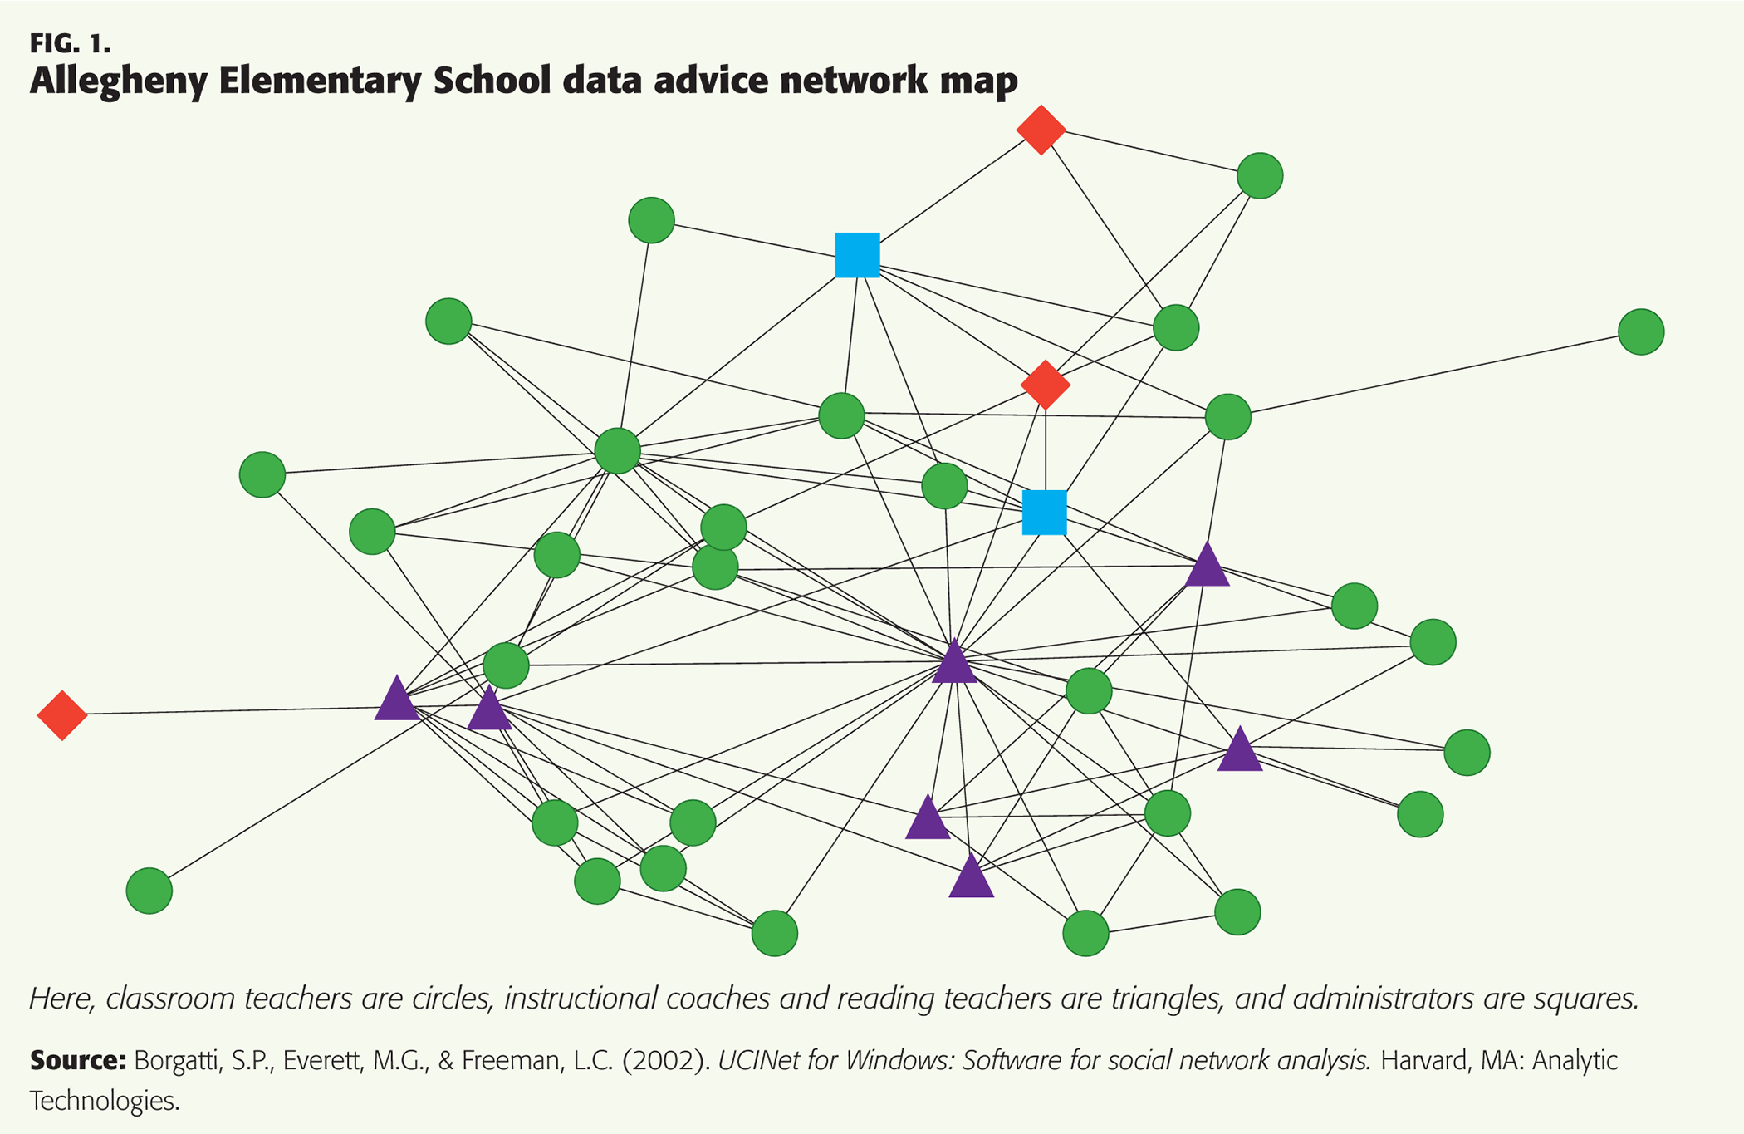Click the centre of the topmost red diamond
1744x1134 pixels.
pyautogui.click(x=1041, y=130)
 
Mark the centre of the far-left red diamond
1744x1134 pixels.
pyautogui.click(x=62, y=714)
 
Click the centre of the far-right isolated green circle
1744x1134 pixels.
pyautogui.click(x=1641, y=332)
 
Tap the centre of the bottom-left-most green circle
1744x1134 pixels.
pyautogui.click(x=149, y=891)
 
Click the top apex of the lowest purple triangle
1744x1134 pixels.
pyautogui.click(x=971, y=853)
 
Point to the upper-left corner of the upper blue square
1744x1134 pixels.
pyautogui.click(x=835, y=233)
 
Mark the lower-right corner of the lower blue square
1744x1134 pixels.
pyautogui.click(x=1067, y=534)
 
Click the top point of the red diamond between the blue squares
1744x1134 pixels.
pyautogui.click(x=1046, y=360)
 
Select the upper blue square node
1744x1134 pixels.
pyautogui.click(x=858, y=255)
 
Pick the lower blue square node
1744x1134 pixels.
pyautogui.click(x=1045, y=512)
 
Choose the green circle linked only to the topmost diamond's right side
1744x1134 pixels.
pyautogui.click(x=1260, y=176)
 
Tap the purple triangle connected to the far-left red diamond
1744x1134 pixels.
pyautogui.click(x=397, y=698)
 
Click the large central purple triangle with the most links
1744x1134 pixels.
pyautogui.click(x=955, y=661)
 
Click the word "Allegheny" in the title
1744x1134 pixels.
pyautogui.click(x=115, y=81)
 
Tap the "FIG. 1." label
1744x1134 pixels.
pyautogui.click(x=71, y=42)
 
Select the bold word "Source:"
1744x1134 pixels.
pyautogui.click(x=77, y=1060)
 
